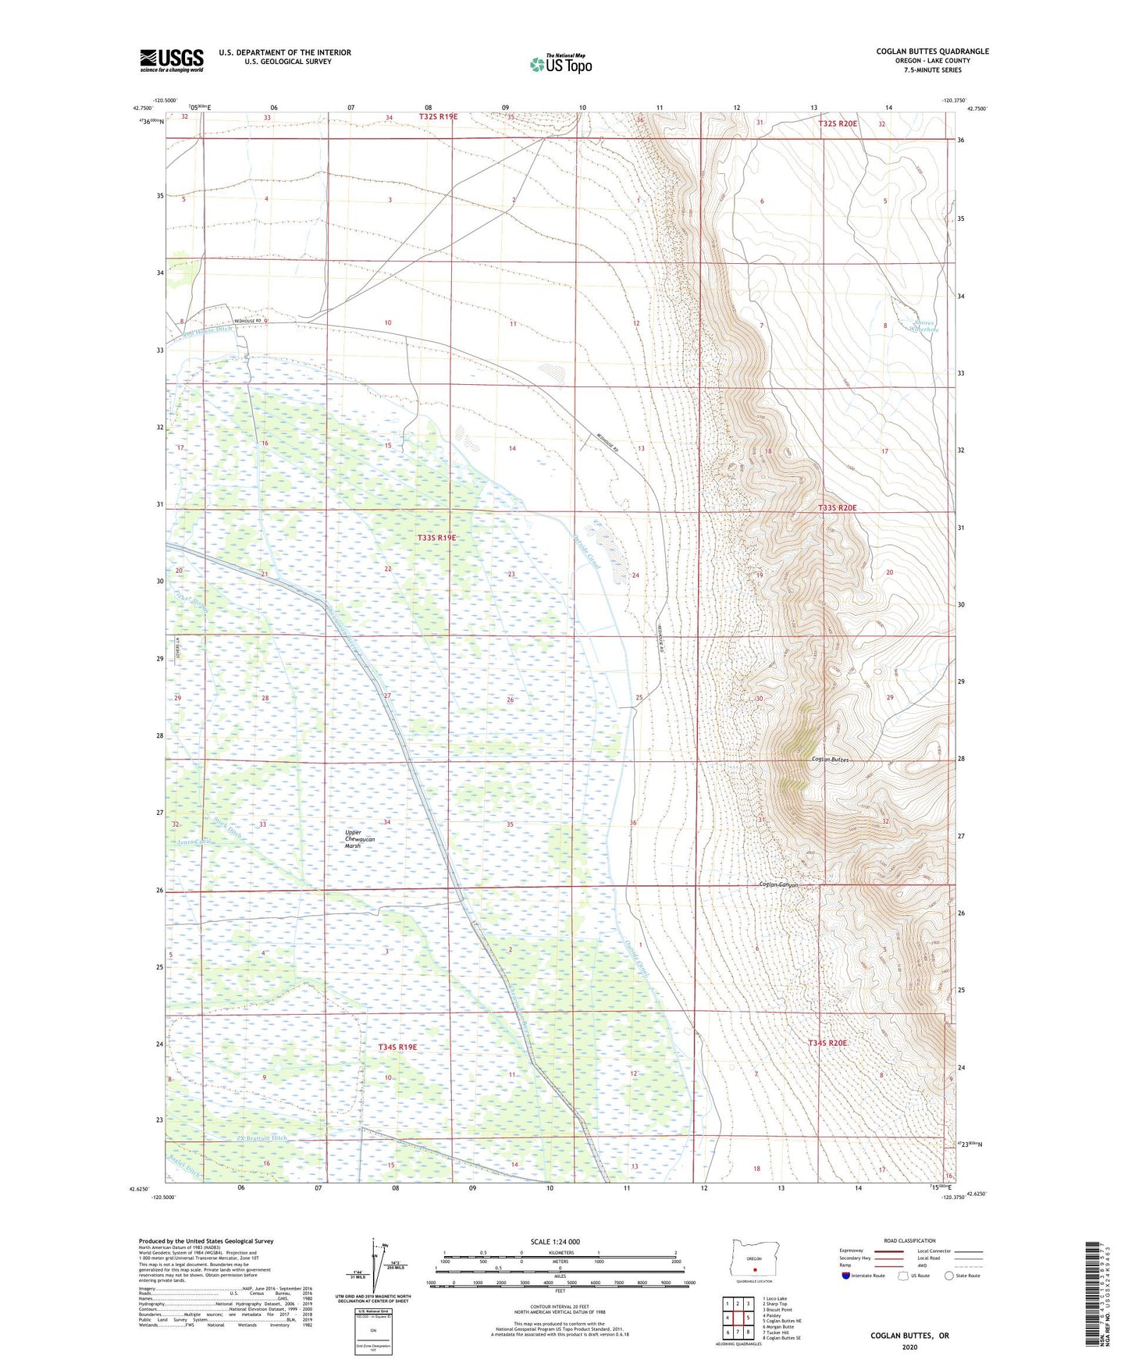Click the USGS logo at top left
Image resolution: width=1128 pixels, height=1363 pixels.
pos(171,60)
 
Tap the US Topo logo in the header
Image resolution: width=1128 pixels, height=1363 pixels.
pos(560,64)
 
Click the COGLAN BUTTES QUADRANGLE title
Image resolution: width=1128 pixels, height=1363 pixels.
pos(932,52)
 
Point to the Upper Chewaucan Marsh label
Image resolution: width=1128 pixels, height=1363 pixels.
pos(360,838)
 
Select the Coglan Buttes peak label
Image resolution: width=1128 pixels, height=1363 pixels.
pos(830,760)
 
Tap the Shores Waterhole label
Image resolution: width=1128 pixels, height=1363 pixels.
pos(923,326)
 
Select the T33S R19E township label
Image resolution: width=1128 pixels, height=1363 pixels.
pos(436,538)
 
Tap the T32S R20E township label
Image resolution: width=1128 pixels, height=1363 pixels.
pos(837,123)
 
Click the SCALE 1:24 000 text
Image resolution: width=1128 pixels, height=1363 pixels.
pos(554,1241)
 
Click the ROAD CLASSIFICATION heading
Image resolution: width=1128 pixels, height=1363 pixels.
pos(910,1240)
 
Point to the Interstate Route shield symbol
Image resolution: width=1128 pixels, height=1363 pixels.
pos(846,1276)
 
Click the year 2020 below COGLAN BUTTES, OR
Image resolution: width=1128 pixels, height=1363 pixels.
pos(909,1347)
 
